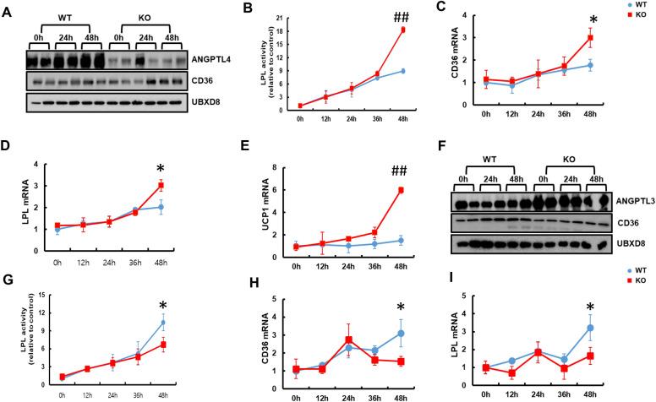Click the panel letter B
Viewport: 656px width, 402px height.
coord(224,8)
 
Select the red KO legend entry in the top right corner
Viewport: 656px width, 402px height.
coord(640,16)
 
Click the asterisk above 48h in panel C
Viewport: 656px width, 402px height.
coord(617,19)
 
